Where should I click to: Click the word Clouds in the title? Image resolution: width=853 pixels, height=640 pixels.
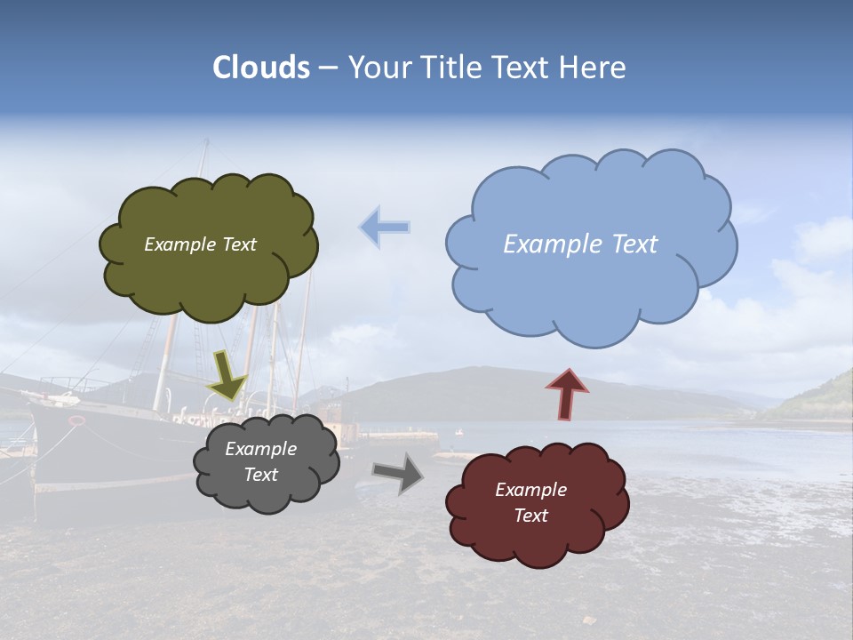pos(261,68)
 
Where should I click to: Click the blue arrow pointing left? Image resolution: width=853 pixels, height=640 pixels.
pos(385,228)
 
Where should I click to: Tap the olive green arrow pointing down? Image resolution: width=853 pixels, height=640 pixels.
pos(227,374)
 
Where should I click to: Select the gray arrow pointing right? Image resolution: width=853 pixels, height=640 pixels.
pos(399,473)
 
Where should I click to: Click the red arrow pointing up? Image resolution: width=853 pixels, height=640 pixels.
pos(567,394)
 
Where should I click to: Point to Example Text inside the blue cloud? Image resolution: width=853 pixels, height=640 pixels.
pos(580,244)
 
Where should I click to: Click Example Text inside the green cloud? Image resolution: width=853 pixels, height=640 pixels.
pos(200,244)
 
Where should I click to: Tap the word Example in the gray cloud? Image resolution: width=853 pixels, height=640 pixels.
pos(260,449)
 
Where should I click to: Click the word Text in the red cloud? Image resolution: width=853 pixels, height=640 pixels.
pos(530,516)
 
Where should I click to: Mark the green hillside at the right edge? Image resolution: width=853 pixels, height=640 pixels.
pos(822,400)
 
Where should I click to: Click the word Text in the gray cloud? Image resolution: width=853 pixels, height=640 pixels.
pos(260,475)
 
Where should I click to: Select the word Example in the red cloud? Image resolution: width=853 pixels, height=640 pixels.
pos(530,490)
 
